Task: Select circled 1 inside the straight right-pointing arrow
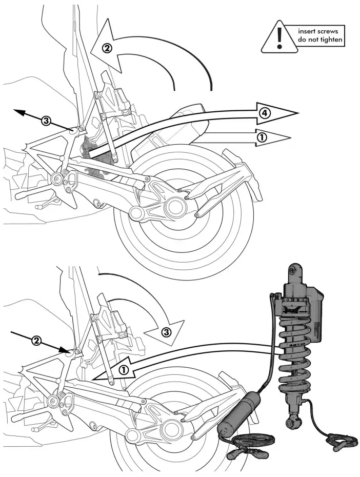tap(262, 137)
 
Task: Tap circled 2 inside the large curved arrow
tap(107, 49)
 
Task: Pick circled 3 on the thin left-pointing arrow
tap(46, 121)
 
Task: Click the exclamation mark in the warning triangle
tap(279, 37)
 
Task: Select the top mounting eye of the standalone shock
tap(292, 270)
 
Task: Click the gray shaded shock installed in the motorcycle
tap(92, 148)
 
